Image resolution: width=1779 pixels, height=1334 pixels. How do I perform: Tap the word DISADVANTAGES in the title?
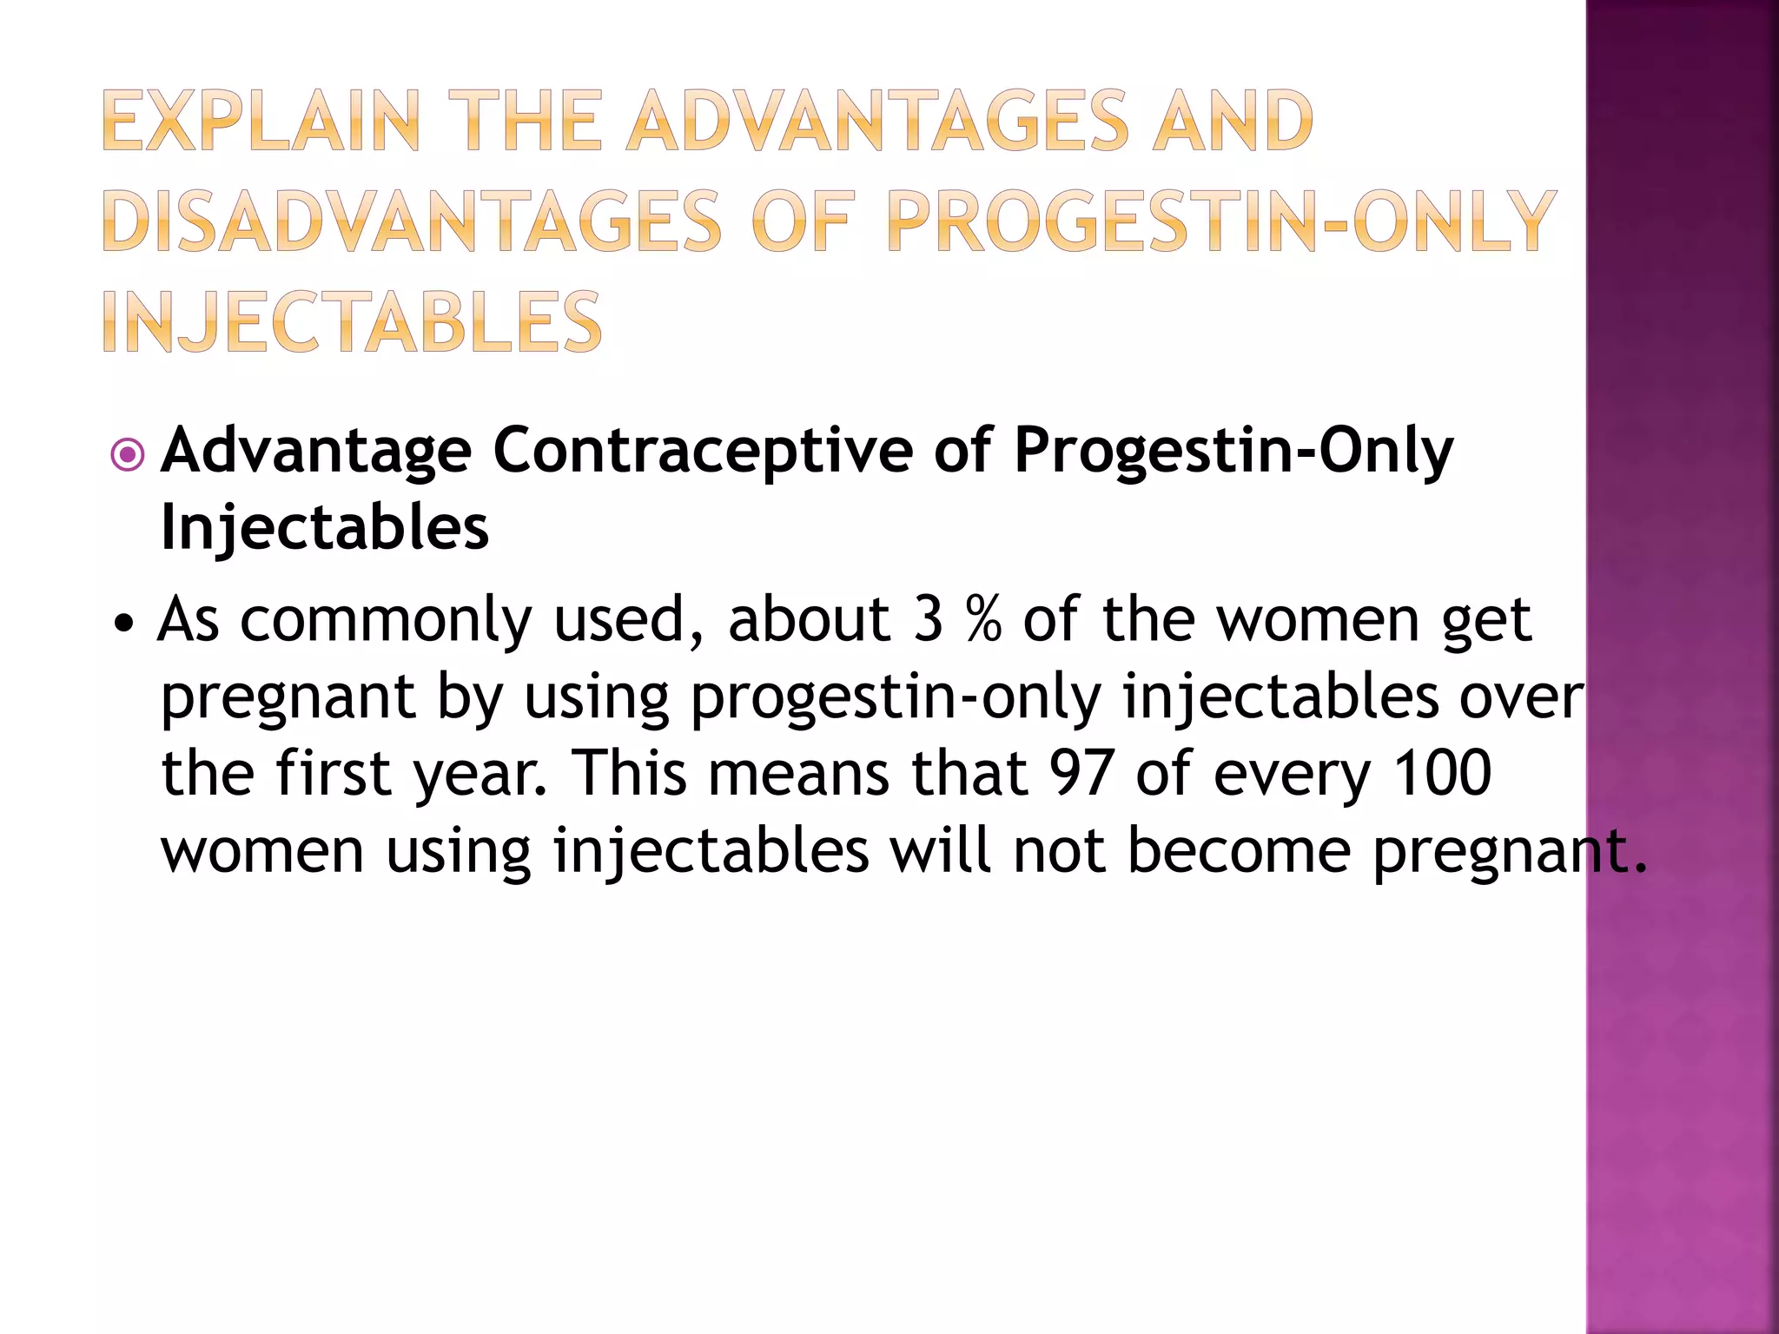(411, 222)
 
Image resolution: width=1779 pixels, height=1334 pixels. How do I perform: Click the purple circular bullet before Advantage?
(128, 454)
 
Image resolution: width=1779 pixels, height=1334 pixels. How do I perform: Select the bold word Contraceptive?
(702, 451)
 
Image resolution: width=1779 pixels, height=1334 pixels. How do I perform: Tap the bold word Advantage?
(316, 451)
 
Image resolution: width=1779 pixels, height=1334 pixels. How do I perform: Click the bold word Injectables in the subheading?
(325, 527)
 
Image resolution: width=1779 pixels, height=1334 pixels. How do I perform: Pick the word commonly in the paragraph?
(385, 621)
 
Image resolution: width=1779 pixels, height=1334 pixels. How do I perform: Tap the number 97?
(1081, 773)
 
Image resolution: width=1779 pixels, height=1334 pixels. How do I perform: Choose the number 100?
(1442, 773)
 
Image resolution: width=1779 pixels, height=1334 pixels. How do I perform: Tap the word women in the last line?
(262, 851)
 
